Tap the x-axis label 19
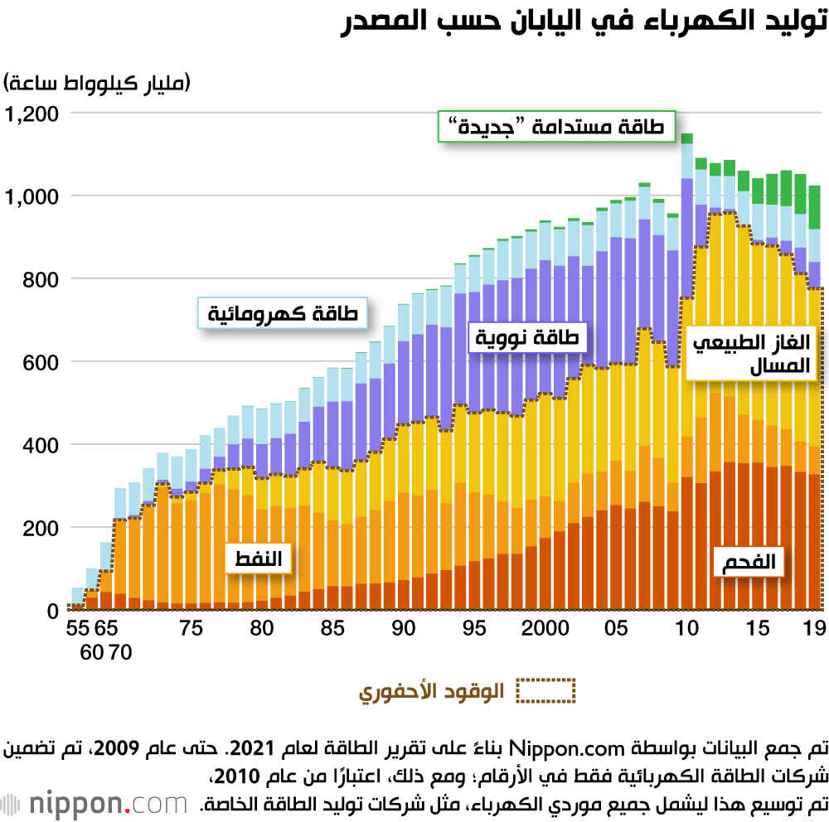tap(813, 629)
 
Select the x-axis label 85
tap(332, 629)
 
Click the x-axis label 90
tap(404, 629)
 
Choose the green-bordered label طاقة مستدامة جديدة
tap(557, 127)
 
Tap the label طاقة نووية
tap(528, 338)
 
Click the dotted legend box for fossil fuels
tap(545, 690)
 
